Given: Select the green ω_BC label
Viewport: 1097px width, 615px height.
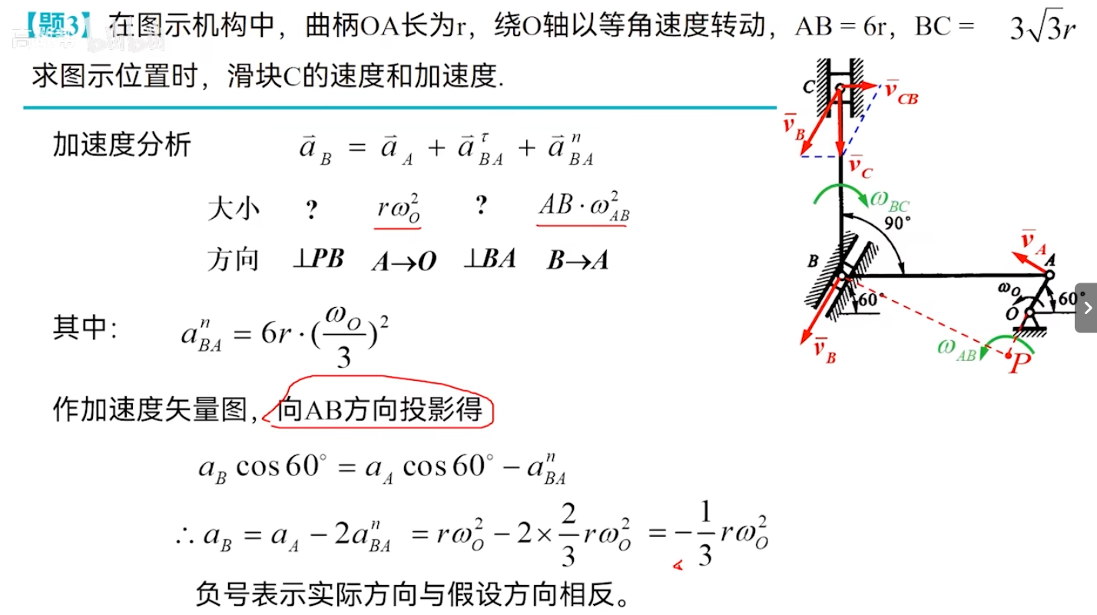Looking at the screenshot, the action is [x=890, y=202].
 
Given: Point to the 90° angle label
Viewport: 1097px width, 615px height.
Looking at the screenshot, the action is [x=897, y=223].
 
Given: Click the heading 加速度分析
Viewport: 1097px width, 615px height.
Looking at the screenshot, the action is [x=121, y=144].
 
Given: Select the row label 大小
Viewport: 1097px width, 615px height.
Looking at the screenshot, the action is [x=234, y=209].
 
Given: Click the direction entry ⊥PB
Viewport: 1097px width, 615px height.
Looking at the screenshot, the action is [x=317, y=260].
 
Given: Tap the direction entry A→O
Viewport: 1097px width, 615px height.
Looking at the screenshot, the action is [x=403, y=262].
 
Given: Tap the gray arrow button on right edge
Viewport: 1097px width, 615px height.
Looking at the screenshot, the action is [x=1086, y=308].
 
